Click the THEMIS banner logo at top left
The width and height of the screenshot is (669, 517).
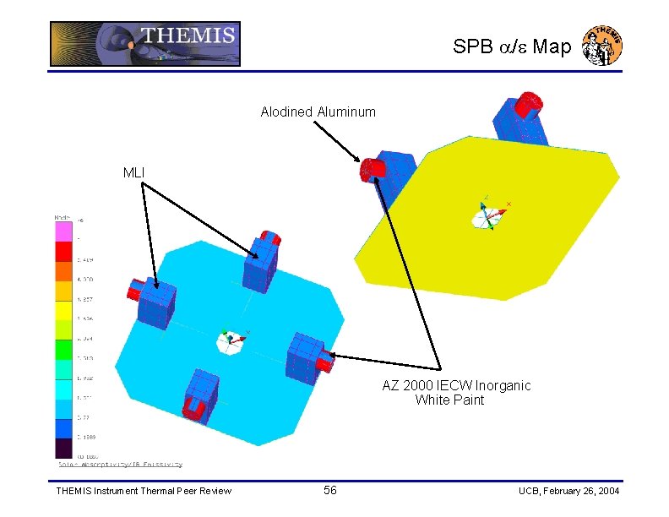click(x=144, y=44)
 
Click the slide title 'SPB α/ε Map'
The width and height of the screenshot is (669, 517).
click(x=512, y=47)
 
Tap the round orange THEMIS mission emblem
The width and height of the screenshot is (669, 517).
click(x=603, y=45)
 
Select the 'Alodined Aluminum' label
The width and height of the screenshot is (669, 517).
click(x=318, y=112)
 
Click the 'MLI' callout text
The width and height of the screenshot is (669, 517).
click(x=133, y=173)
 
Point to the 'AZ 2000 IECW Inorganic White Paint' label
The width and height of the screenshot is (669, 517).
click(x=456, y=393)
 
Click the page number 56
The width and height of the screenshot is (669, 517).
click(x=330, y=491)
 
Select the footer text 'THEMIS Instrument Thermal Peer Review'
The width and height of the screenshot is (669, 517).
click(x=143, y=492)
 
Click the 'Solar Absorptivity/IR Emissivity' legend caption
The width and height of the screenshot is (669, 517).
click(x=120, y=465)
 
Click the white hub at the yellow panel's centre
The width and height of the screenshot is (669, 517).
click(x=487, y=216)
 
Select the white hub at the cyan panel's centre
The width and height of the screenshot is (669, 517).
click(x=229, y=341)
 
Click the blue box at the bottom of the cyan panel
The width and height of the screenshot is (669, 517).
click(x=202, y=395)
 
